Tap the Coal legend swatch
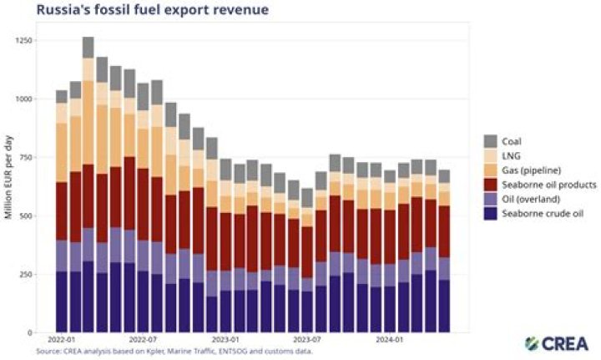click(490, 141)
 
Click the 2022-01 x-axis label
click(63, 341)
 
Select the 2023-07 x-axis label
click(307, 341)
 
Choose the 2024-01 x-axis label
click(390, 341)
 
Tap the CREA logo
click(557, 343)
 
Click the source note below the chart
click(174, 351)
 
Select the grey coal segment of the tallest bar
click(88, 47)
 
